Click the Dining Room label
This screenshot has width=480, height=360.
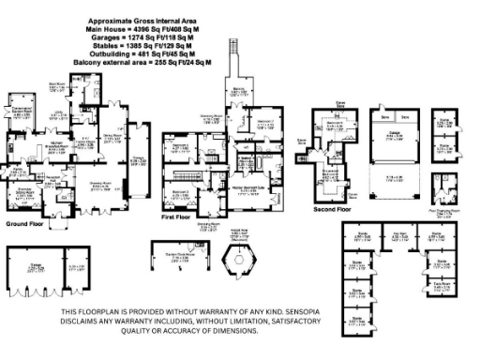click(x=113, y=137)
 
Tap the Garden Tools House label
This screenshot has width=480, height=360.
click(x=178, y=256)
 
